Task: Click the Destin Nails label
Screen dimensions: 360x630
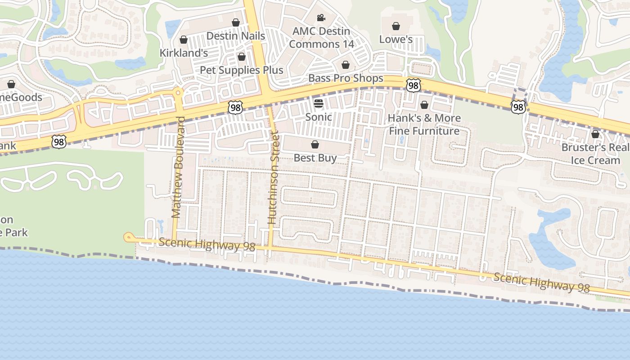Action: click(x=235, y=36)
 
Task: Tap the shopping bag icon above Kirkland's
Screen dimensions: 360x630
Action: click(x=183, y=40)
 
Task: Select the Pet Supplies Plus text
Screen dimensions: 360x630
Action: click(x=242, y=70)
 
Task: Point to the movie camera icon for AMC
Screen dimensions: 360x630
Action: click(x=321, y=18)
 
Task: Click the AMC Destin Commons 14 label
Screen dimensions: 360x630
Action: click(x=321, y=38)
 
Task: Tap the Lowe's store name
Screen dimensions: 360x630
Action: click(x=396, y=39)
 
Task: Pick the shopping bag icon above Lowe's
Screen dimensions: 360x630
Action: click(x=396, y=26)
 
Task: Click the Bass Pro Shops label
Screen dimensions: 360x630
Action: click(x=346, y=78)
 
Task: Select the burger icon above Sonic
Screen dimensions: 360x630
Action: click(x=319, y=103)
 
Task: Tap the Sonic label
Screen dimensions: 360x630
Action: click(x=319, y=117)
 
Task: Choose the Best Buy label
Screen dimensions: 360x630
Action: click(x=315, y=158)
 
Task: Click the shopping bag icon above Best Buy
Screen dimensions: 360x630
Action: click(x=315, y=144)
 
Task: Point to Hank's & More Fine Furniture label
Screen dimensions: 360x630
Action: click(x=424, y=125)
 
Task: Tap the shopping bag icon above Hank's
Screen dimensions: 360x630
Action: click(x=424, y=105)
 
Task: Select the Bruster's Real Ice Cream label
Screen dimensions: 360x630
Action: click(x=595, y=154)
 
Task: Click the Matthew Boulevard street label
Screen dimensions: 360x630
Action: click(x=179, y=167)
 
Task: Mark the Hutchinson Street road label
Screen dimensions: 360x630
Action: click(x=273, y=177)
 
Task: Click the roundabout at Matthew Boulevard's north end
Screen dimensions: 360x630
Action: click(x=178, y=92)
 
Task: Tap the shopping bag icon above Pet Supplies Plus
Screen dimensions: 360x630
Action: click(x=242, y=57)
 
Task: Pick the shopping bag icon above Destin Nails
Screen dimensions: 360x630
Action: click(x=235, y=22)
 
